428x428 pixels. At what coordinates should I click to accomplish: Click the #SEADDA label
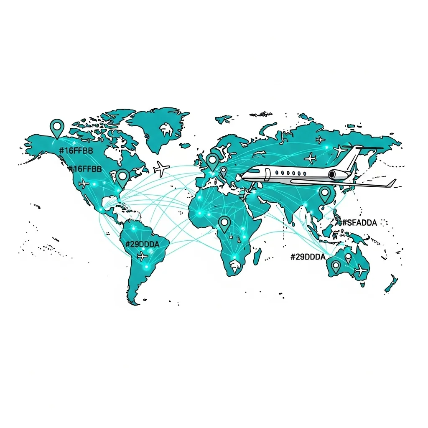[359, 223]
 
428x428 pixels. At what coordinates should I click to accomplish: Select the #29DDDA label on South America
[142, 244]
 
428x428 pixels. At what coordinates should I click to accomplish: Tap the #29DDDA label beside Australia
[308, 257]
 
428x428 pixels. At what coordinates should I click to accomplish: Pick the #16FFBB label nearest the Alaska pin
[76, 150]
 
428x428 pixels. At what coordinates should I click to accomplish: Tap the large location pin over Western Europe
[213, 161]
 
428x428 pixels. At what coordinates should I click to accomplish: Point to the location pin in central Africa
[225, 223]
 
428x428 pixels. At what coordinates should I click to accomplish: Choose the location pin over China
[325, 194]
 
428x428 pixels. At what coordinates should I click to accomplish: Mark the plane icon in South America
[143, 255]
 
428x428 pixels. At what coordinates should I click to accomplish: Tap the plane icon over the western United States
[84, 183]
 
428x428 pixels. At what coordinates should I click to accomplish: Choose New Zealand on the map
[391, 284]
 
